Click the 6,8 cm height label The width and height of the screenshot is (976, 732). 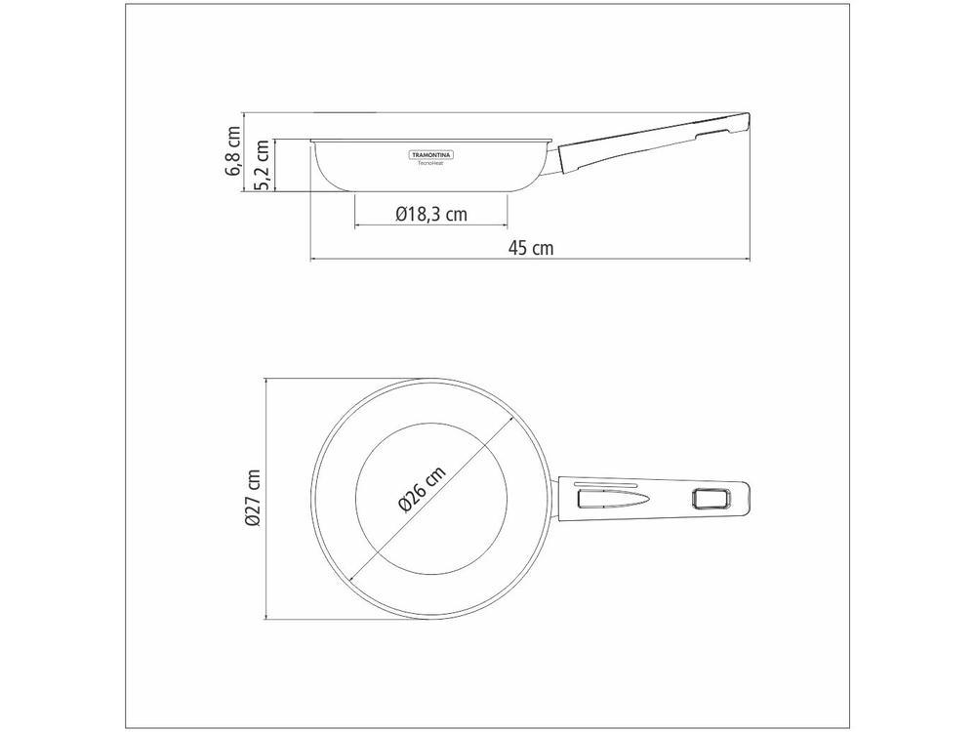point(233,151)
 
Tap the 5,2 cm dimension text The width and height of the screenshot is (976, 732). point(261,166)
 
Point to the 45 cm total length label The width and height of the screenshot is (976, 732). point(530,248)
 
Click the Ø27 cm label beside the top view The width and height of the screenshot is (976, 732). point(253,498)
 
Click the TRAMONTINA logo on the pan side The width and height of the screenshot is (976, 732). point(431,154)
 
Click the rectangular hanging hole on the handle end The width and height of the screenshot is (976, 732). point(710,500)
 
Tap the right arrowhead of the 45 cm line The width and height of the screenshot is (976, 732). point(746,260)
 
